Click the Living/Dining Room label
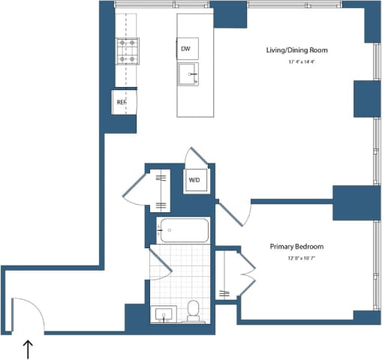tap(297, 50)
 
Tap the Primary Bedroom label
tap(298, 246)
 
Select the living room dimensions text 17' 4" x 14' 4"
tap(297, 62)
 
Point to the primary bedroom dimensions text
tap(298, 259)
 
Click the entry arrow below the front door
tap(29, 349)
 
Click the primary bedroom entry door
tap(235, 212)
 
